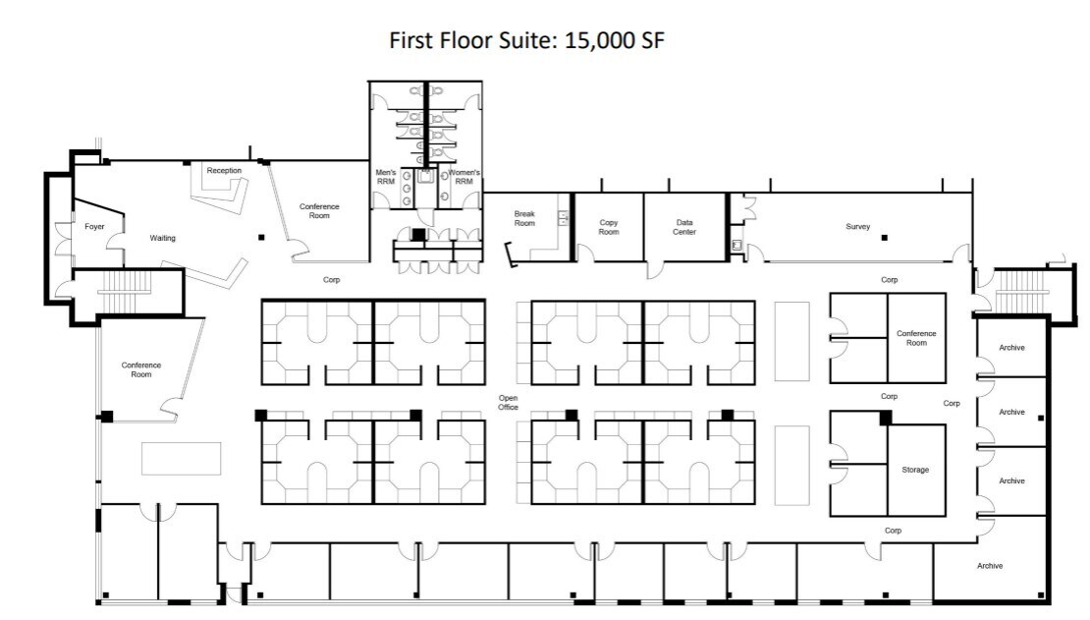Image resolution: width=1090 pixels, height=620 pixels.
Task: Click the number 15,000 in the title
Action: pos(589,40)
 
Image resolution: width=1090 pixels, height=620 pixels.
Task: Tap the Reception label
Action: pos(224,171)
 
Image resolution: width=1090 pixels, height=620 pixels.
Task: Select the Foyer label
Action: pos(94,227)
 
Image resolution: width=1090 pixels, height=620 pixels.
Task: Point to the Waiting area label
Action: pos(162,238)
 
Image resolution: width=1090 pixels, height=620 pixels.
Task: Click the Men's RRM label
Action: pos(386,178)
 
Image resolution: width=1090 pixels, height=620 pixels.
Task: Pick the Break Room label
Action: pos(525,218)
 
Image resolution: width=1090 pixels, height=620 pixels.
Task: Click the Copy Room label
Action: pos(609,227)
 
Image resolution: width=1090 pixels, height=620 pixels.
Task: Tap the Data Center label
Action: pos(684,227)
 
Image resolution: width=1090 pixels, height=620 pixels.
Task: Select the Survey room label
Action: pos(857,227)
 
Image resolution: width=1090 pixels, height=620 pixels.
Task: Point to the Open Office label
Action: pos(508,403)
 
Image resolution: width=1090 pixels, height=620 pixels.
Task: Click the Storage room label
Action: pos(915,470)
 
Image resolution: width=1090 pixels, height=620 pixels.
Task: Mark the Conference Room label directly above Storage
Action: pos(916,338)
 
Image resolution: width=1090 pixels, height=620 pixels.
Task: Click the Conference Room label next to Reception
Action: pos(319,210)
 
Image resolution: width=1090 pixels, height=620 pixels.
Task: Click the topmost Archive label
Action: pos(1011,347)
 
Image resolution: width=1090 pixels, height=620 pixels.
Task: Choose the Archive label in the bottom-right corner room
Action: pos(990,565)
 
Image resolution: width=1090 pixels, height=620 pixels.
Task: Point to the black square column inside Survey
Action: pos(884,238)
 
